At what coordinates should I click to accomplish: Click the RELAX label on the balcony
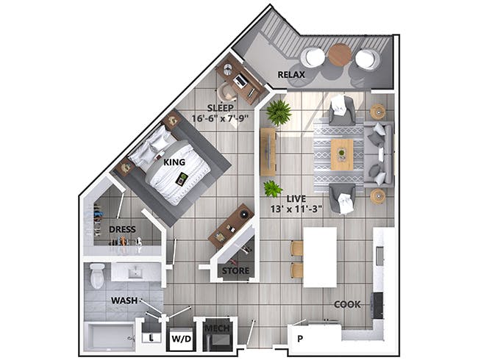292,74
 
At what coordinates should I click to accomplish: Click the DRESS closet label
122,228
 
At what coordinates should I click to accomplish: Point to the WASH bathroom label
124,300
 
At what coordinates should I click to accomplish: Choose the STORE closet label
235,271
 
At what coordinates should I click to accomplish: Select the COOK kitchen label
346,303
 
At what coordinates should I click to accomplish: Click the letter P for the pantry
300,339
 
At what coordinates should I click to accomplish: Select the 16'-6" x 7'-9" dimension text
220,118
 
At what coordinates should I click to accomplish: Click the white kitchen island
319,256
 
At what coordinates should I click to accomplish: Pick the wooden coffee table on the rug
341,154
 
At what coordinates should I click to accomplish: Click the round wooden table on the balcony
340,54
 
